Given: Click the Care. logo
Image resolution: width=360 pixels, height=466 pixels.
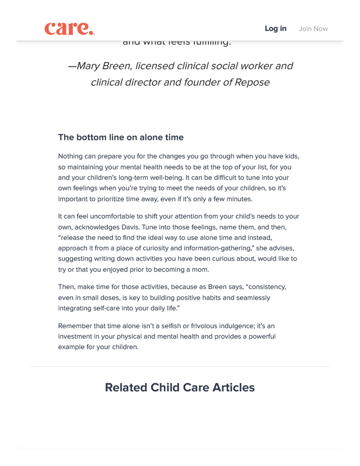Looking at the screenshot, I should [x=70, y=29].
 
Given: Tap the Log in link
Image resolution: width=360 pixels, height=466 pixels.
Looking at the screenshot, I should [x=275, y=29].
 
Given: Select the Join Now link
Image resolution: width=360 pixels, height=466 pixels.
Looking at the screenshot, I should [x=313, y=29].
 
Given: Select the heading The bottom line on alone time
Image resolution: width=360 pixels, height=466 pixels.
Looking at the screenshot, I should [x=121, y=137].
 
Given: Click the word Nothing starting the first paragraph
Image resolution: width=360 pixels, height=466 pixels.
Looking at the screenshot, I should [x=71, y=156].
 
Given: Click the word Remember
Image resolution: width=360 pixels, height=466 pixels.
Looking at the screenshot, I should [x=75, y=326].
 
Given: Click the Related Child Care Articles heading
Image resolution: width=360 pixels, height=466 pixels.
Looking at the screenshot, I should [x=180, y=388].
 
